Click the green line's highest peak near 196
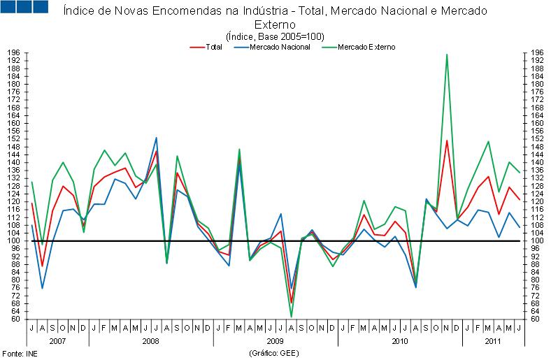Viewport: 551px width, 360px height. [447, 55]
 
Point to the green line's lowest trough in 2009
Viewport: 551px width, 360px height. [291, 317]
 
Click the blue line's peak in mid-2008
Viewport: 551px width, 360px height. [156, 138]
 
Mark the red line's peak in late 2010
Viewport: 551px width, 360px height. [447, 141]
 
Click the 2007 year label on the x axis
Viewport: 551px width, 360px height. [57, 340]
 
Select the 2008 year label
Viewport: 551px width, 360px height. [150, 340]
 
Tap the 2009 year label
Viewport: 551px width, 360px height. [275, 340]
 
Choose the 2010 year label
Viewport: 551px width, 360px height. [399, 340]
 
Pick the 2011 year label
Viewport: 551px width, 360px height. [493, 340]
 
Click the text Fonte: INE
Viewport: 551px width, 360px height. [19, 354]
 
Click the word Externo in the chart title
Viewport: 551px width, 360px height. [275, 24]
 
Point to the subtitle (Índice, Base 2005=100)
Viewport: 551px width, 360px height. [275, 36]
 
